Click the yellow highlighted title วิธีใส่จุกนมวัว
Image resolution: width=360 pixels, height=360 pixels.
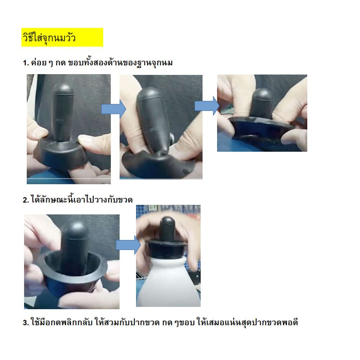point(49,38)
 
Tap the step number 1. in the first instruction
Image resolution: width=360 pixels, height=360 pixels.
point(26,63)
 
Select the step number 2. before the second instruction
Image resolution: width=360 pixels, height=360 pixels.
point(26,200)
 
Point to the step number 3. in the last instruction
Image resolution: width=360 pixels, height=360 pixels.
point(26,323)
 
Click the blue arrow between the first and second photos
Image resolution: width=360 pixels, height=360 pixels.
point(114,109)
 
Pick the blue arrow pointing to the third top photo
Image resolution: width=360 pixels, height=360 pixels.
point(207,106)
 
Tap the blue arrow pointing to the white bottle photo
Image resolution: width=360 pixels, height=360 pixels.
point(128,245)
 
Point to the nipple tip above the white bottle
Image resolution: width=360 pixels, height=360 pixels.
point(167,222)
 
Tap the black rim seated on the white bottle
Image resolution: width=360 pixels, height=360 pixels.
point(166,248)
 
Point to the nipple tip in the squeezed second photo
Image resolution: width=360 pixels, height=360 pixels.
point(148,94)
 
